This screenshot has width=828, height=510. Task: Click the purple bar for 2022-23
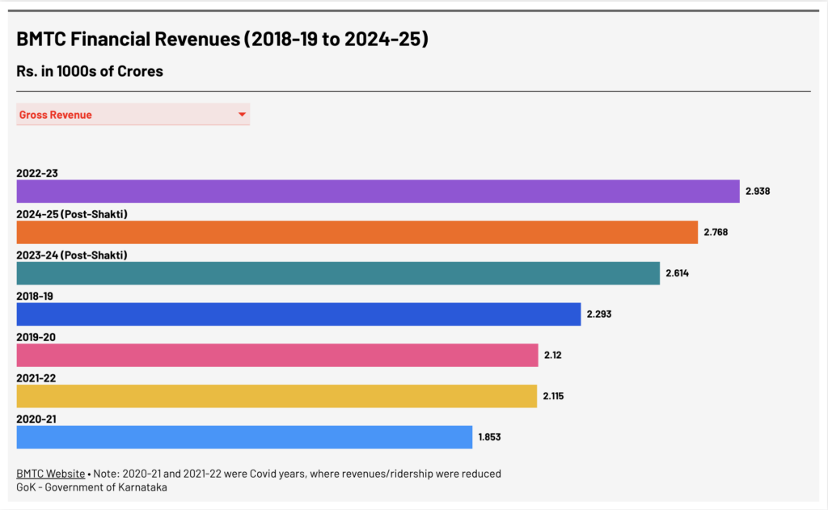click(x=378, y=192)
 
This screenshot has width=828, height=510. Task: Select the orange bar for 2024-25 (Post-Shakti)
click(x=357, y=232)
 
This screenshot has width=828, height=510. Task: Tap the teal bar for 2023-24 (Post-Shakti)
click(x=338, y=273)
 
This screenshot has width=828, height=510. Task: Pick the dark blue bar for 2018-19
click(x=298, y=314)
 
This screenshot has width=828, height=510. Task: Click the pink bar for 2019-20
click(x=277, y=355)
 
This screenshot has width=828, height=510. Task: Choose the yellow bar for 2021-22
click(x=277, y=396)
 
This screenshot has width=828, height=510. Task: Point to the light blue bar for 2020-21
click(x=244, y=437)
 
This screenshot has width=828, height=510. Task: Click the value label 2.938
click(x=758, y=192)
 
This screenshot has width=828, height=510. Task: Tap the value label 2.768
click(x=716, y=232)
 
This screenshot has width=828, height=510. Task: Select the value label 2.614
click(x=678, y=273)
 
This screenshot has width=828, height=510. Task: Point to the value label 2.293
click(x=599, y=314)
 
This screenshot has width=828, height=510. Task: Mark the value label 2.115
click(x=555, y=396)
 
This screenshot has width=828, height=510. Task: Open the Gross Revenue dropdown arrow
click(x=242, y=115)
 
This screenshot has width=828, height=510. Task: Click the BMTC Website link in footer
click(x=50, y=474)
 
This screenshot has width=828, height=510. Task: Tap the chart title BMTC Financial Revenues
click(x=222, y=40)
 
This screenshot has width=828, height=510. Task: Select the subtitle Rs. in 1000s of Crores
click(x=90, y=71)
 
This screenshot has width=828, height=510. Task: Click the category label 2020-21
click(x=36, y=419)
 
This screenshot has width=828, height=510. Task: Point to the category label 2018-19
click(x=35, y=296)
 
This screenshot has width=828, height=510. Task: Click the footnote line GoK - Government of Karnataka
click(x=91, y=487)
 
